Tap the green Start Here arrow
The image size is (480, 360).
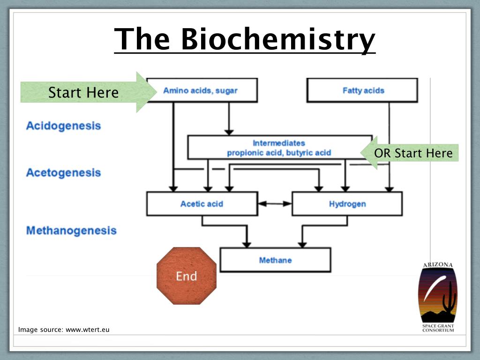click(x=89, y=92)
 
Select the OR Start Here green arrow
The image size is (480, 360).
click(x=409, y=153)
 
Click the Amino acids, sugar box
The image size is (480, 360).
click(x=202, y=90)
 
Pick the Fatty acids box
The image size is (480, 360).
click(x=362, y=90)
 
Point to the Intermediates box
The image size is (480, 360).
click(x=280, y=147)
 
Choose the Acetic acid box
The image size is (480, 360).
click(x=202, y=204)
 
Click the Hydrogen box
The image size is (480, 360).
click(x=347, y=204)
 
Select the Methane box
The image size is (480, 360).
click(x=275, y=260)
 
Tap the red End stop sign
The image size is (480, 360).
click(x=187, y=276)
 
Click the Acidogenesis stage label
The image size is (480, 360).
click(x=63, y=126)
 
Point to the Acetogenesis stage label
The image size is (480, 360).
click(x=63, y=172)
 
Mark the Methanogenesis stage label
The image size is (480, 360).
click(x=71, y=231)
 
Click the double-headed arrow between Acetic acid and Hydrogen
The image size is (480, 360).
click(x=275, y=203)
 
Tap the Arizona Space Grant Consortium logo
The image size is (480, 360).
click(x=438, y=297)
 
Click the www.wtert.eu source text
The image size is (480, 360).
click(x=88, y=330)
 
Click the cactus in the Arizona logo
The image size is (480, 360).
click(x=449, y=297)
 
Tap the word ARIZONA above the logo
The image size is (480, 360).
click(x=438, y=265)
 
